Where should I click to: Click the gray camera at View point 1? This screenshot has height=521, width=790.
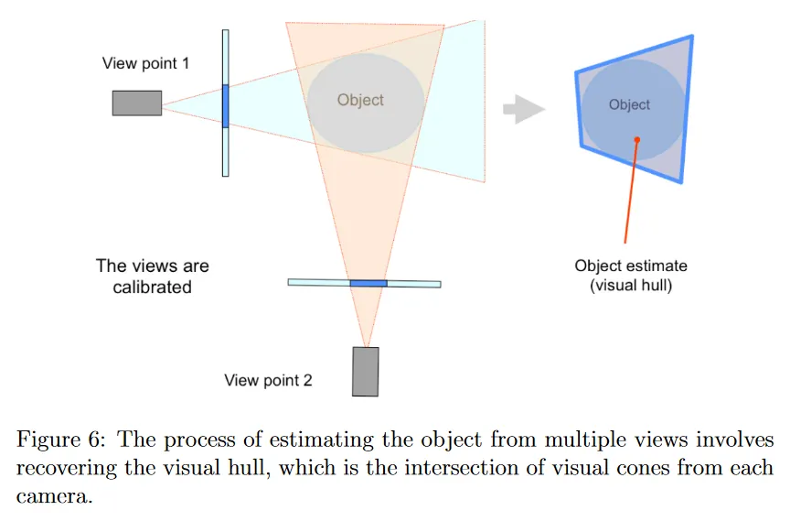coord(137,103)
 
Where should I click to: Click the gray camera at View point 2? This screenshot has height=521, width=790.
coord(366,371)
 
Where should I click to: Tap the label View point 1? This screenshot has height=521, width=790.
coord(145,64)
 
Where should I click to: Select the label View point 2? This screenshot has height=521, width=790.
coord(268,380)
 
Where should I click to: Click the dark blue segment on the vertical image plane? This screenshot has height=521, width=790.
coord(225,105)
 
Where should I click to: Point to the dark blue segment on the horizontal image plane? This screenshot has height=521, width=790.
coord(368,283)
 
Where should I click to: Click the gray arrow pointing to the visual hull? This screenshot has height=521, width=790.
coord(524,109)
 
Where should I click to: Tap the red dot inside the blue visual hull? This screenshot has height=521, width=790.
coord(636,140)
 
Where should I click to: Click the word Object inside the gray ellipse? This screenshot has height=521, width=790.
coord(360,100)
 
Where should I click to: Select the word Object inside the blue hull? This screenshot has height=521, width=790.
coord(629,104)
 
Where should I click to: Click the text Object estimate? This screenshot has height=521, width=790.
coord(631,266)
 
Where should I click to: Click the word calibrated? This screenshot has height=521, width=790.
coord(153,287)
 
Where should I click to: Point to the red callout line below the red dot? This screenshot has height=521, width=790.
coord(631,192)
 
